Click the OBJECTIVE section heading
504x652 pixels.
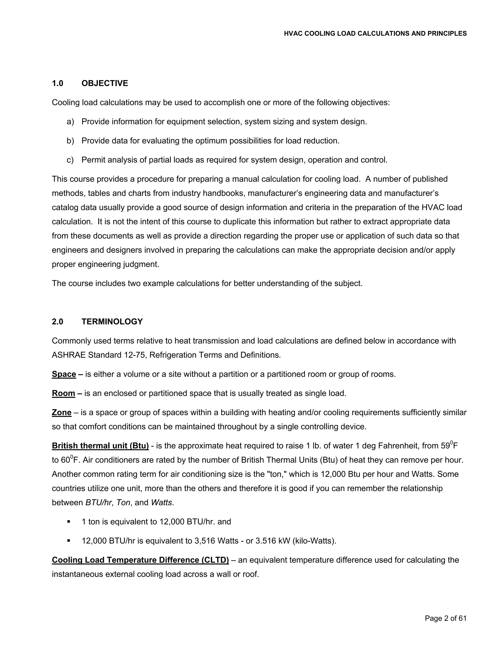(105, 83)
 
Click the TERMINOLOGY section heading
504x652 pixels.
(112, 322)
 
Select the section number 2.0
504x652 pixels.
(58, 322)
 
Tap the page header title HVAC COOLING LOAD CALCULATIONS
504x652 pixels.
(375, 33)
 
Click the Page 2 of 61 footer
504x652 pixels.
(445, 618)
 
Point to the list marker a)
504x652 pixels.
(70, 122)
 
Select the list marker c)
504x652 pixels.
(70, 160)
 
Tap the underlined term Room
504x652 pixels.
(63, 393)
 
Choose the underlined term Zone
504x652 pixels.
(62, 412)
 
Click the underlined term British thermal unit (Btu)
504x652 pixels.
(100, 446)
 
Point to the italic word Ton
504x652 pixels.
(123, 502)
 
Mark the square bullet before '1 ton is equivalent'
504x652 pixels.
(69, 522)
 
